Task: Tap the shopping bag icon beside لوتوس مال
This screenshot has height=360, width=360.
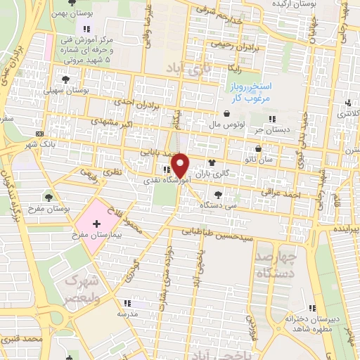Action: click(x=226, y=114)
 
